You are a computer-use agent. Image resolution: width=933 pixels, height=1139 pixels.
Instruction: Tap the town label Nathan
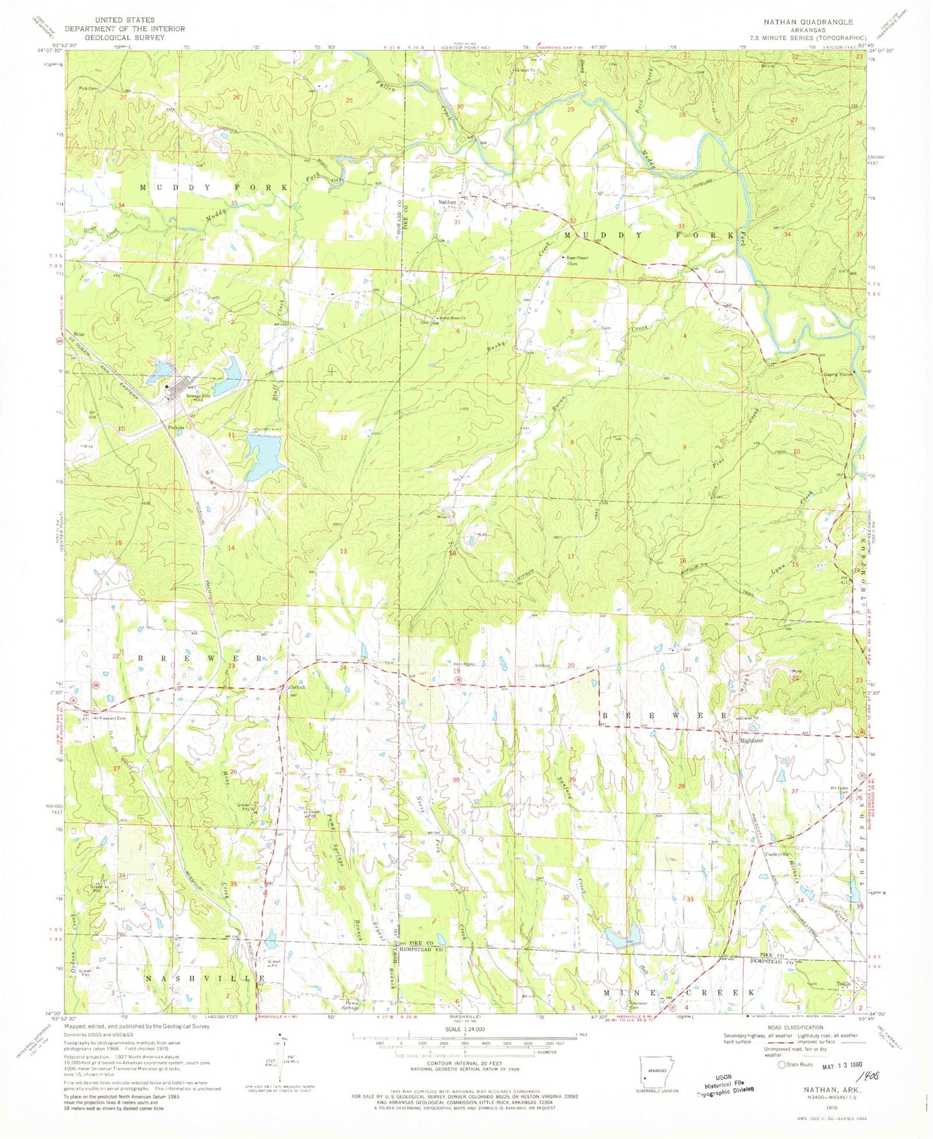[447, 202]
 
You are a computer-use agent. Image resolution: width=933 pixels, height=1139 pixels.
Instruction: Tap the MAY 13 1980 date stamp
[841, 1067]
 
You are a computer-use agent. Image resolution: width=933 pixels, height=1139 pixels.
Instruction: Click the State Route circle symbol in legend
[783, 1065]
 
